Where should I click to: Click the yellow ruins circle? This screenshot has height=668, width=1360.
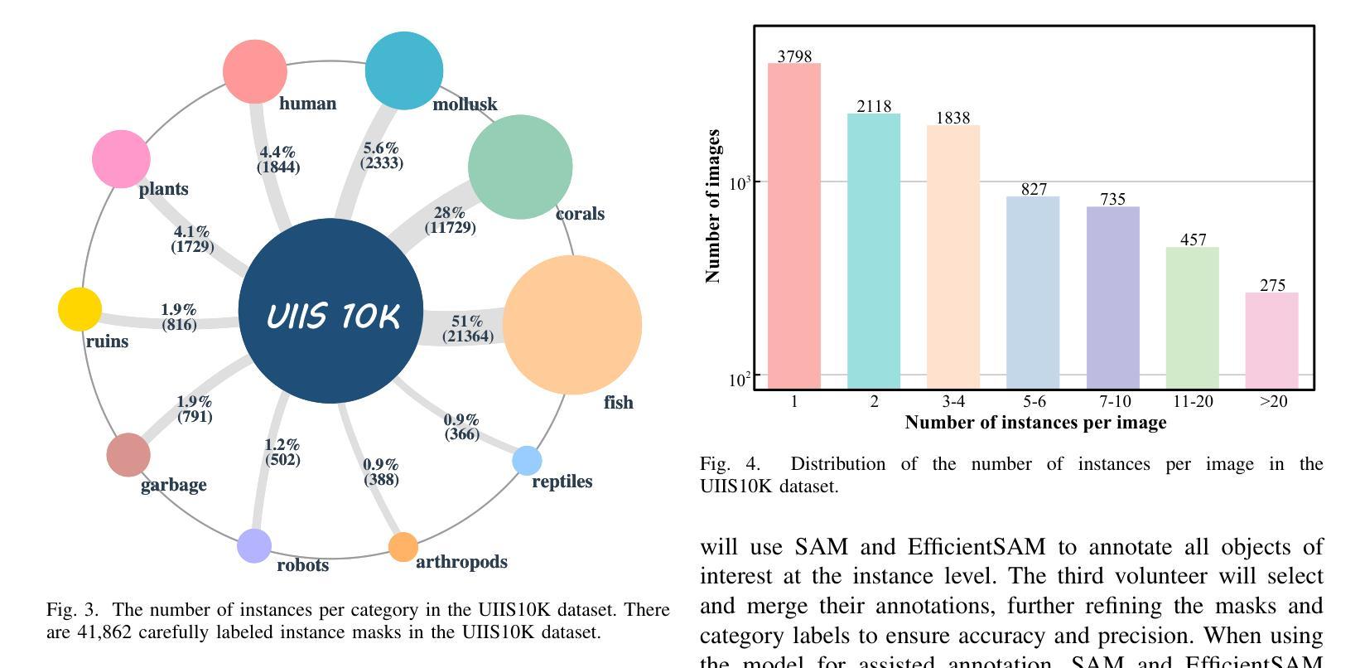coord(80,310)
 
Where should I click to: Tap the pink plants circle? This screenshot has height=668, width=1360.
coord(121,159)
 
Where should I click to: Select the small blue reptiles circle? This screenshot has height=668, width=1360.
coord(527,461)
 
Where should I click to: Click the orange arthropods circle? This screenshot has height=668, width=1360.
coord(403,547)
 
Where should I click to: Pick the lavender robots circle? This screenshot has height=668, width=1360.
coord(254,546)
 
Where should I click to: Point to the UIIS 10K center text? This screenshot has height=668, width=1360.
coord(333,316)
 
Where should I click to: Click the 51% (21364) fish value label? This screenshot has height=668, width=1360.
coord(468,328)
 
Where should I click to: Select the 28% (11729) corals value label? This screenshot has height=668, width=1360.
coord(450,220)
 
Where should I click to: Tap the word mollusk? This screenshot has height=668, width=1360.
coord(465,104)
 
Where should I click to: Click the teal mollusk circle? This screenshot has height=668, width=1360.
coord(404,71)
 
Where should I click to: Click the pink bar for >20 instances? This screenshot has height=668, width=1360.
coord(1271,340)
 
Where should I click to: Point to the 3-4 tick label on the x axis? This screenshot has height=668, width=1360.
coord(953,402)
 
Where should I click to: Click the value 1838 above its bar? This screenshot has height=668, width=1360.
coord(952,118)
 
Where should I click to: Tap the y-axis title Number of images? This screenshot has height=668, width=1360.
coord(712,206)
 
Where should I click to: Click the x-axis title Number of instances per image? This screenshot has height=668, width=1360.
coord(1035,423)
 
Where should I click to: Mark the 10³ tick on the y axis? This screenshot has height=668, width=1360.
coord(739,182)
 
